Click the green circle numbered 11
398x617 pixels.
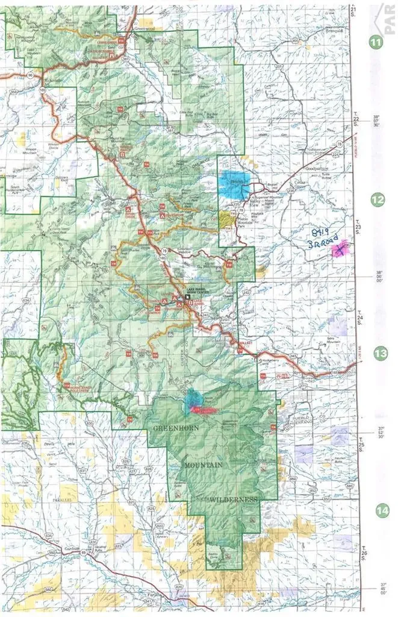377,42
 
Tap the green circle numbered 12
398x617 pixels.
377,199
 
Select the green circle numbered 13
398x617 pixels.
379,354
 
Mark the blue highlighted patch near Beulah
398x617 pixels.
234,184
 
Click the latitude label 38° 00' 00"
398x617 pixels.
379,278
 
